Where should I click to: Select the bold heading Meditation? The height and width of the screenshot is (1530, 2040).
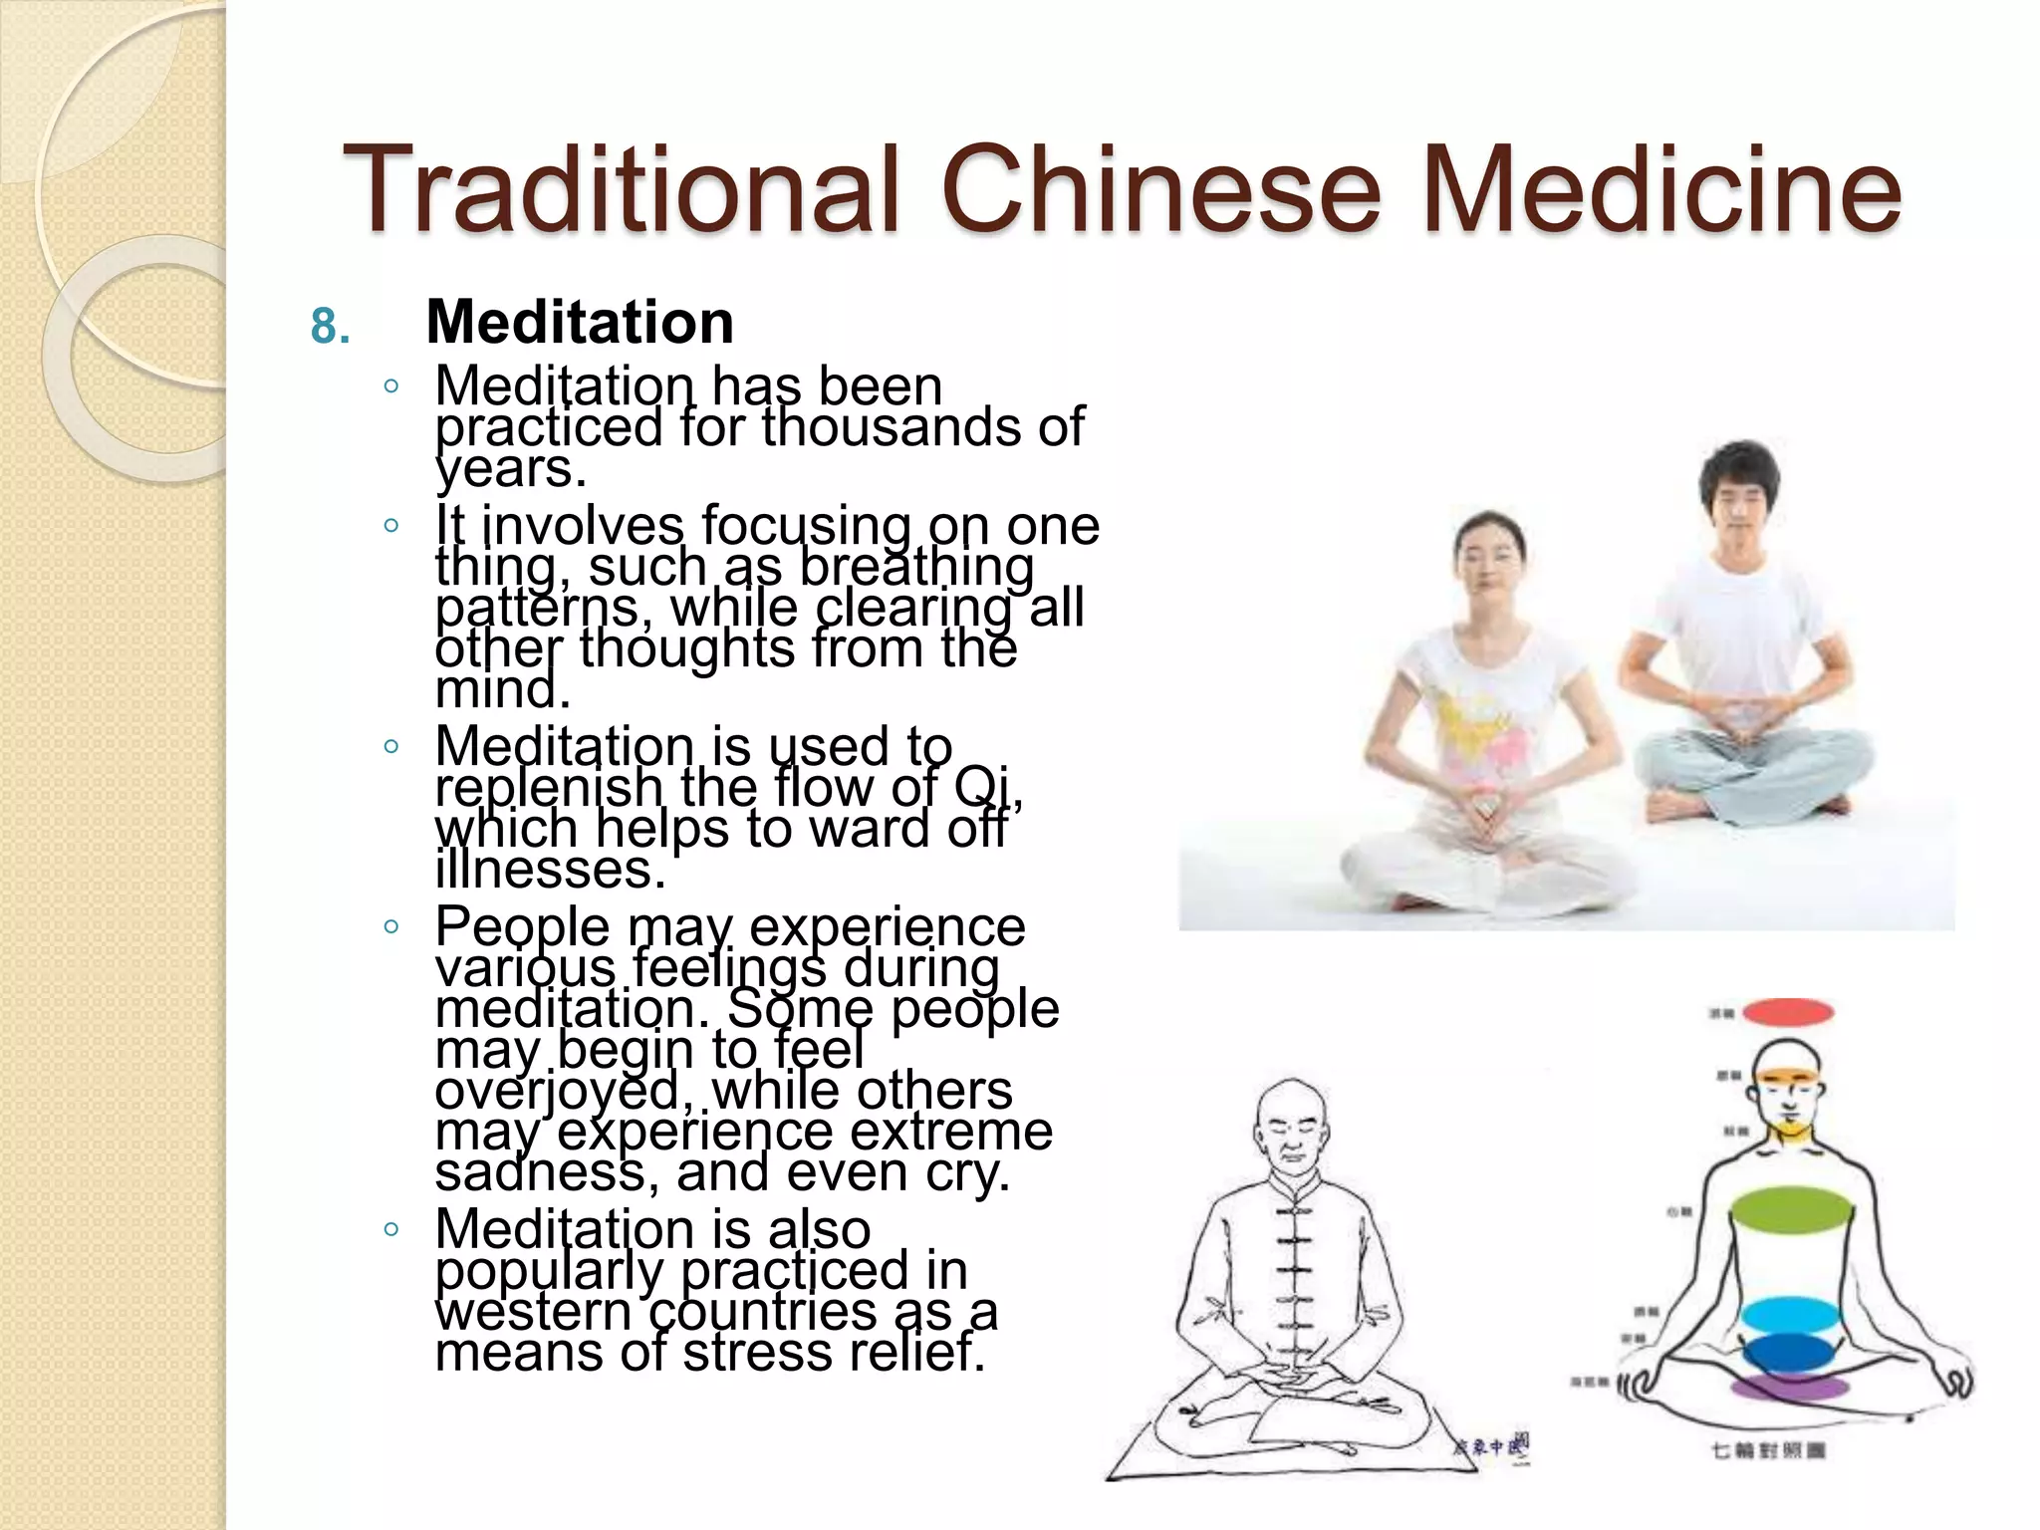point(580,323)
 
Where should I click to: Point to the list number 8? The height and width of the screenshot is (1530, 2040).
point(331,327)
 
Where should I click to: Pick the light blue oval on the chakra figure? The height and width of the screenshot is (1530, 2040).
point(1790,1315)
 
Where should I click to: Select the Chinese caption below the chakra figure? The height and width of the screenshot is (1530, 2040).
point(1767,1449)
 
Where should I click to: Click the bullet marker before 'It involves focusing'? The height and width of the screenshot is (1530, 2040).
point(390,525)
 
